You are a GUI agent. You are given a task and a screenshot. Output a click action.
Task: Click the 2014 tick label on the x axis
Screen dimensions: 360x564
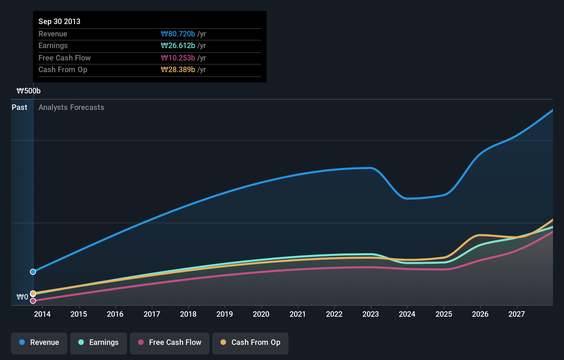click(42, 314)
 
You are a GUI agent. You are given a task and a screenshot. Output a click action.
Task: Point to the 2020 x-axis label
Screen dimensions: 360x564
click(261, 314)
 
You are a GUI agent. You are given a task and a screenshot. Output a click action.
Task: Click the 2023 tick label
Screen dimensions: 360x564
click(371, 314)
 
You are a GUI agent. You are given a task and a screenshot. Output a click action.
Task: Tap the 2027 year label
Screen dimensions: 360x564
click(517, 314)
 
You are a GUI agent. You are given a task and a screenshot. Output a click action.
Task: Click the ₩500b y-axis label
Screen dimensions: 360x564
click(29, 91)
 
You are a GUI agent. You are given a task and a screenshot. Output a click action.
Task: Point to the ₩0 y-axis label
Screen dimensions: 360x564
click(22, 297)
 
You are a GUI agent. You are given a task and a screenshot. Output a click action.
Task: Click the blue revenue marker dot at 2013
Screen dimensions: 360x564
click(33, 272)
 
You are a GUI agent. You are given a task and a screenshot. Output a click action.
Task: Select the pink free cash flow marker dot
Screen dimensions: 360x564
click(33, 301)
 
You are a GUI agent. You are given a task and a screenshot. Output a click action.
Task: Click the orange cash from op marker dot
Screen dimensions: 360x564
click(33, 293)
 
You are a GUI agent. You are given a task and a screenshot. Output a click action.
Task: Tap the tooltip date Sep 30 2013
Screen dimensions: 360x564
click(59, 21)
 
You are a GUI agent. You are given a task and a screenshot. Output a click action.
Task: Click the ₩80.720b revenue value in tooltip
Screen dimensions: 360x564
click(178, 34)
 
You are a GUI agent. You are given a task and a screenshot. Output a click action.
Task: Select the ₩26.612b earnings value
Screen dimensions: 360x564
click(178, 46)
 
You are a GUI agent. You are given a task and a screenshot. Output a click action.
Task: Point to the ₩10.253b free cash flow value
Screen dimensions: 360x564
click(178, 58)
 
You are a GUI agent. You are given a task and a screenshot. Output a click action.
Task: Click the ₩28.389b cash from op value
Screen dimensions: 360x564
click(178, 70)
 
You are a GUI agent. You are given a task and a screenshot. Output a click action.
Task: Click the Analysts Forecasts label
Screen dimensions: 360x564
click(71, 107)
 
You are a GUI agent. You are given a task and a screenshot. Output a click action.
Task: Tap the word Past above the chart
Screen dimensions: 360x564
click(19, 107)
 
